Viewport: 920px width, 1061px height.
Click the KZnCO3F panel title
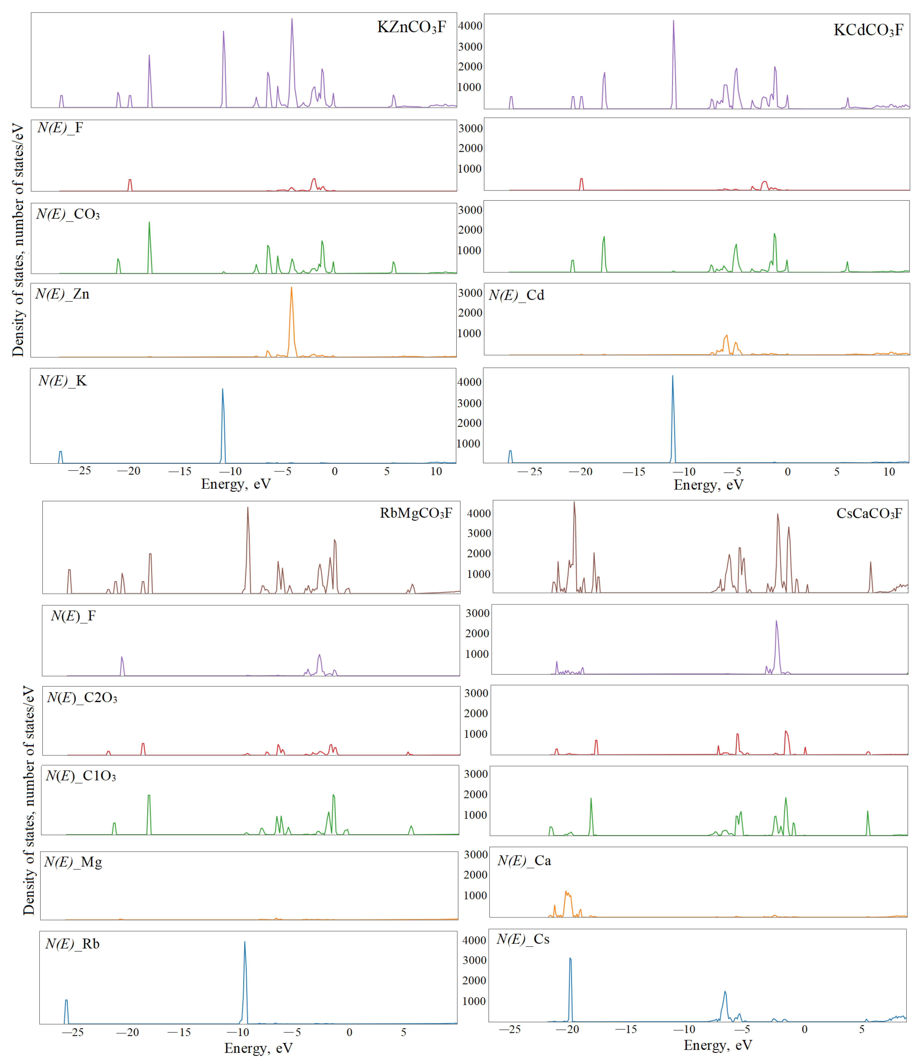coord(411,27)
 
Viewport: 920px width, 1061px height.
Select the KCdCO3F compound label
coord(868,30)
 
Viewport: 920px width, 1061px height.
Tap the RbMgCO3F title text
coord(416,513)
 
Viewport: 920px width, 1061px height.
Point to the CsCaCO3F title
coord(869,513)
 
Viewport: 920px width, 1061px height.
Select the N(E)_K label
coord(62,381)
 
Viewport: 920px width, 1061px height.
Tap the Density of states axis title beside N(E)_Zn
coord(18,240)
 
